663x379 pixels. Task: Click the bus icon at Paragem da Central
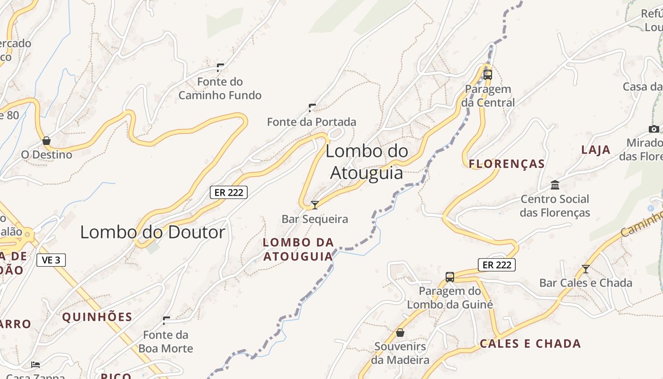tap(488, 74)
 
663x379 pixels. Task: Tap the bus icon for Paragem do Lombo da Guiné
tap(450, 277)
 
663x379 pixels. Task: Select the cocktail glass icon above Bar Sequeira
tap(315, 205)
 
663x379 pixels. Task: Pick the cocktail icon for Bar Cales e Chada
tap(586, 269)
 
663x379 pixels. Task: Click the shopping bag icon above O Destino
tap(46, 141)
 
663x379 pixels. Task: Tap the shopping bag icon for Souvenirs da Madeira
tap(400, 333)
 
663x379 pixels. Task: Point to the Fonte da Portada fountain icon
tap(312, 108)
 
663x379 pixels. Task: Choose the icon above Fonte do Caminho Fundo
tap(220, 67)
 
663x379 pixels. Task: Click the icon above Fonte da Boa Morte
tap(166, 321)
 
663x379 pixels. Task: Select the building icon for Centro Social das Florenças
tap(555, 185)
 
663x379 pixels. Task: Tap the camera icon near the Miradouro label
tap(654, 129)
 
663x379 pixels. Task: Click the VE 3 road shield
tap(51, 260)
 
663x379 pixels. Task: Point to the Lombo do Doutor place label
tap(152, 232)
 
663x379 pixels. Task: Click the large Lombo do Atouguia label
tap(367, 162)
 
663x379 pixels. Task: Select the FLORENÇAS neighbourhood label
tap(507, 164)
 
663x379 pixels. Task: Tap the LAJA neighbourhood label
tap(596, 150)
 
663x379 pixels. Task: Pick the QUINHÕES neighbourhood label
tap(97, 317)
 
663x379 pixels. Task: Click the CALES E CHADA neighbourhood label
tap(530, 343)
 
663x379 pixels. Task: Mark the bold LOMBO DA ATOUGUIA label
tap(298, 249)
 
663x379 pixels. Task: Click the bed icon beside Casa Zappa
tap(36, 364)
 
